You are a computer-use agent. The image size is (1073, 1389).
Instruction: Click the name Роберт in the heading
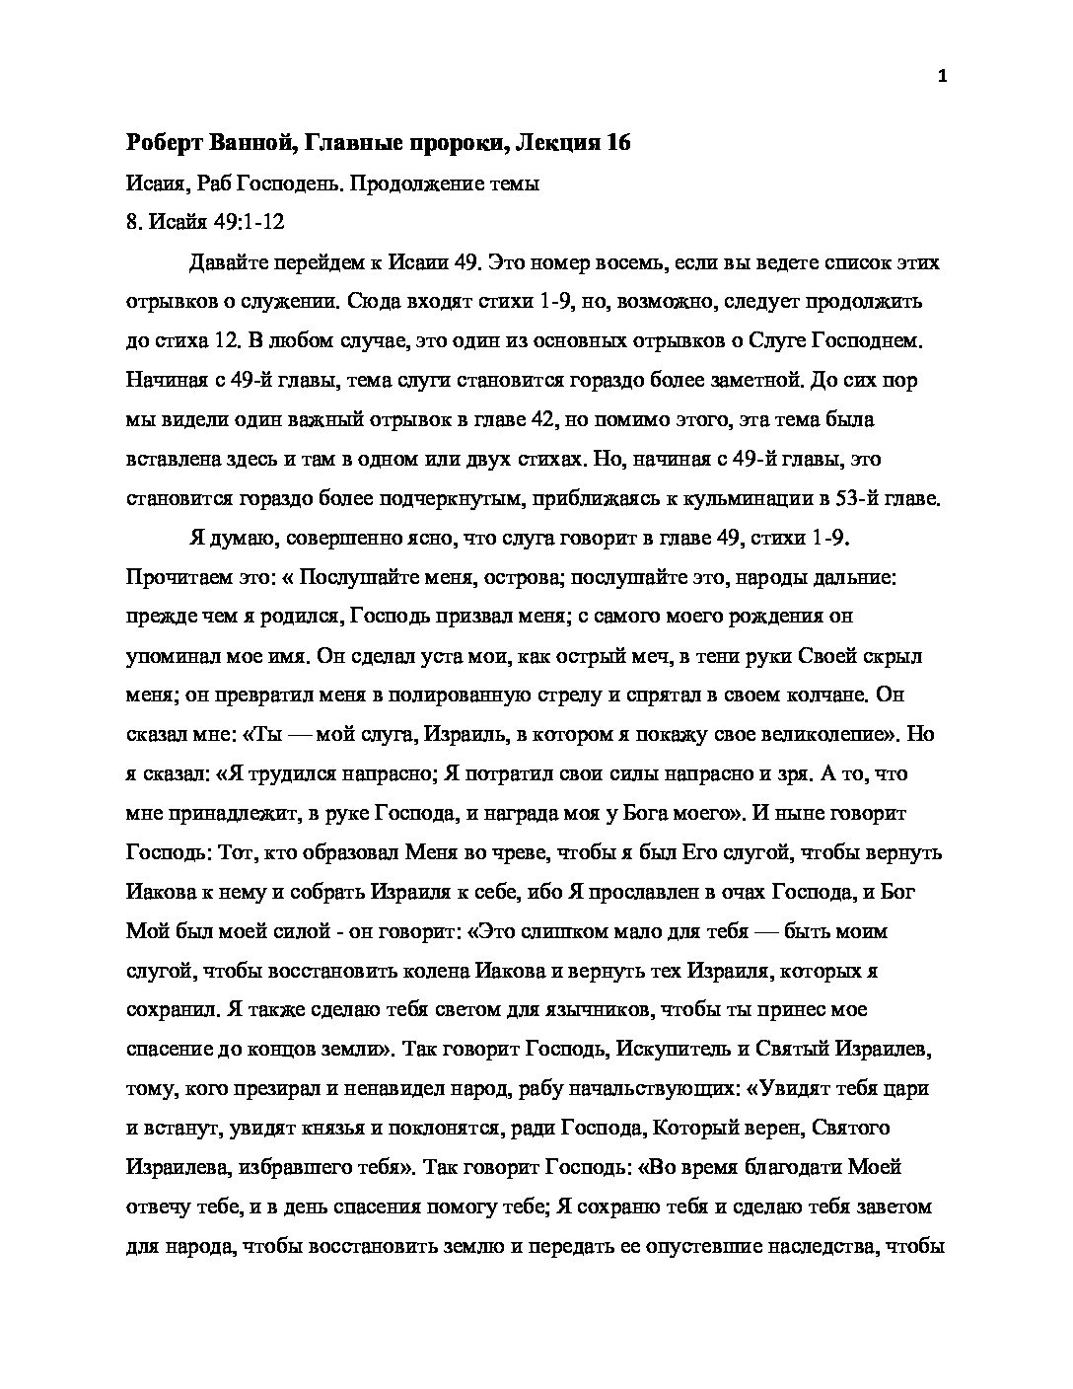(x=164, y=143)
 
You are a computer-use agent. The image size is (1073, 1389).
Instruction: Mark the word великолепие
(x=817, y=735)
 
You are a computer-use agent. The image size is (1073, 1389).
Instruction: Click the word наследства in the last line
(x=821, y=1246)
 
